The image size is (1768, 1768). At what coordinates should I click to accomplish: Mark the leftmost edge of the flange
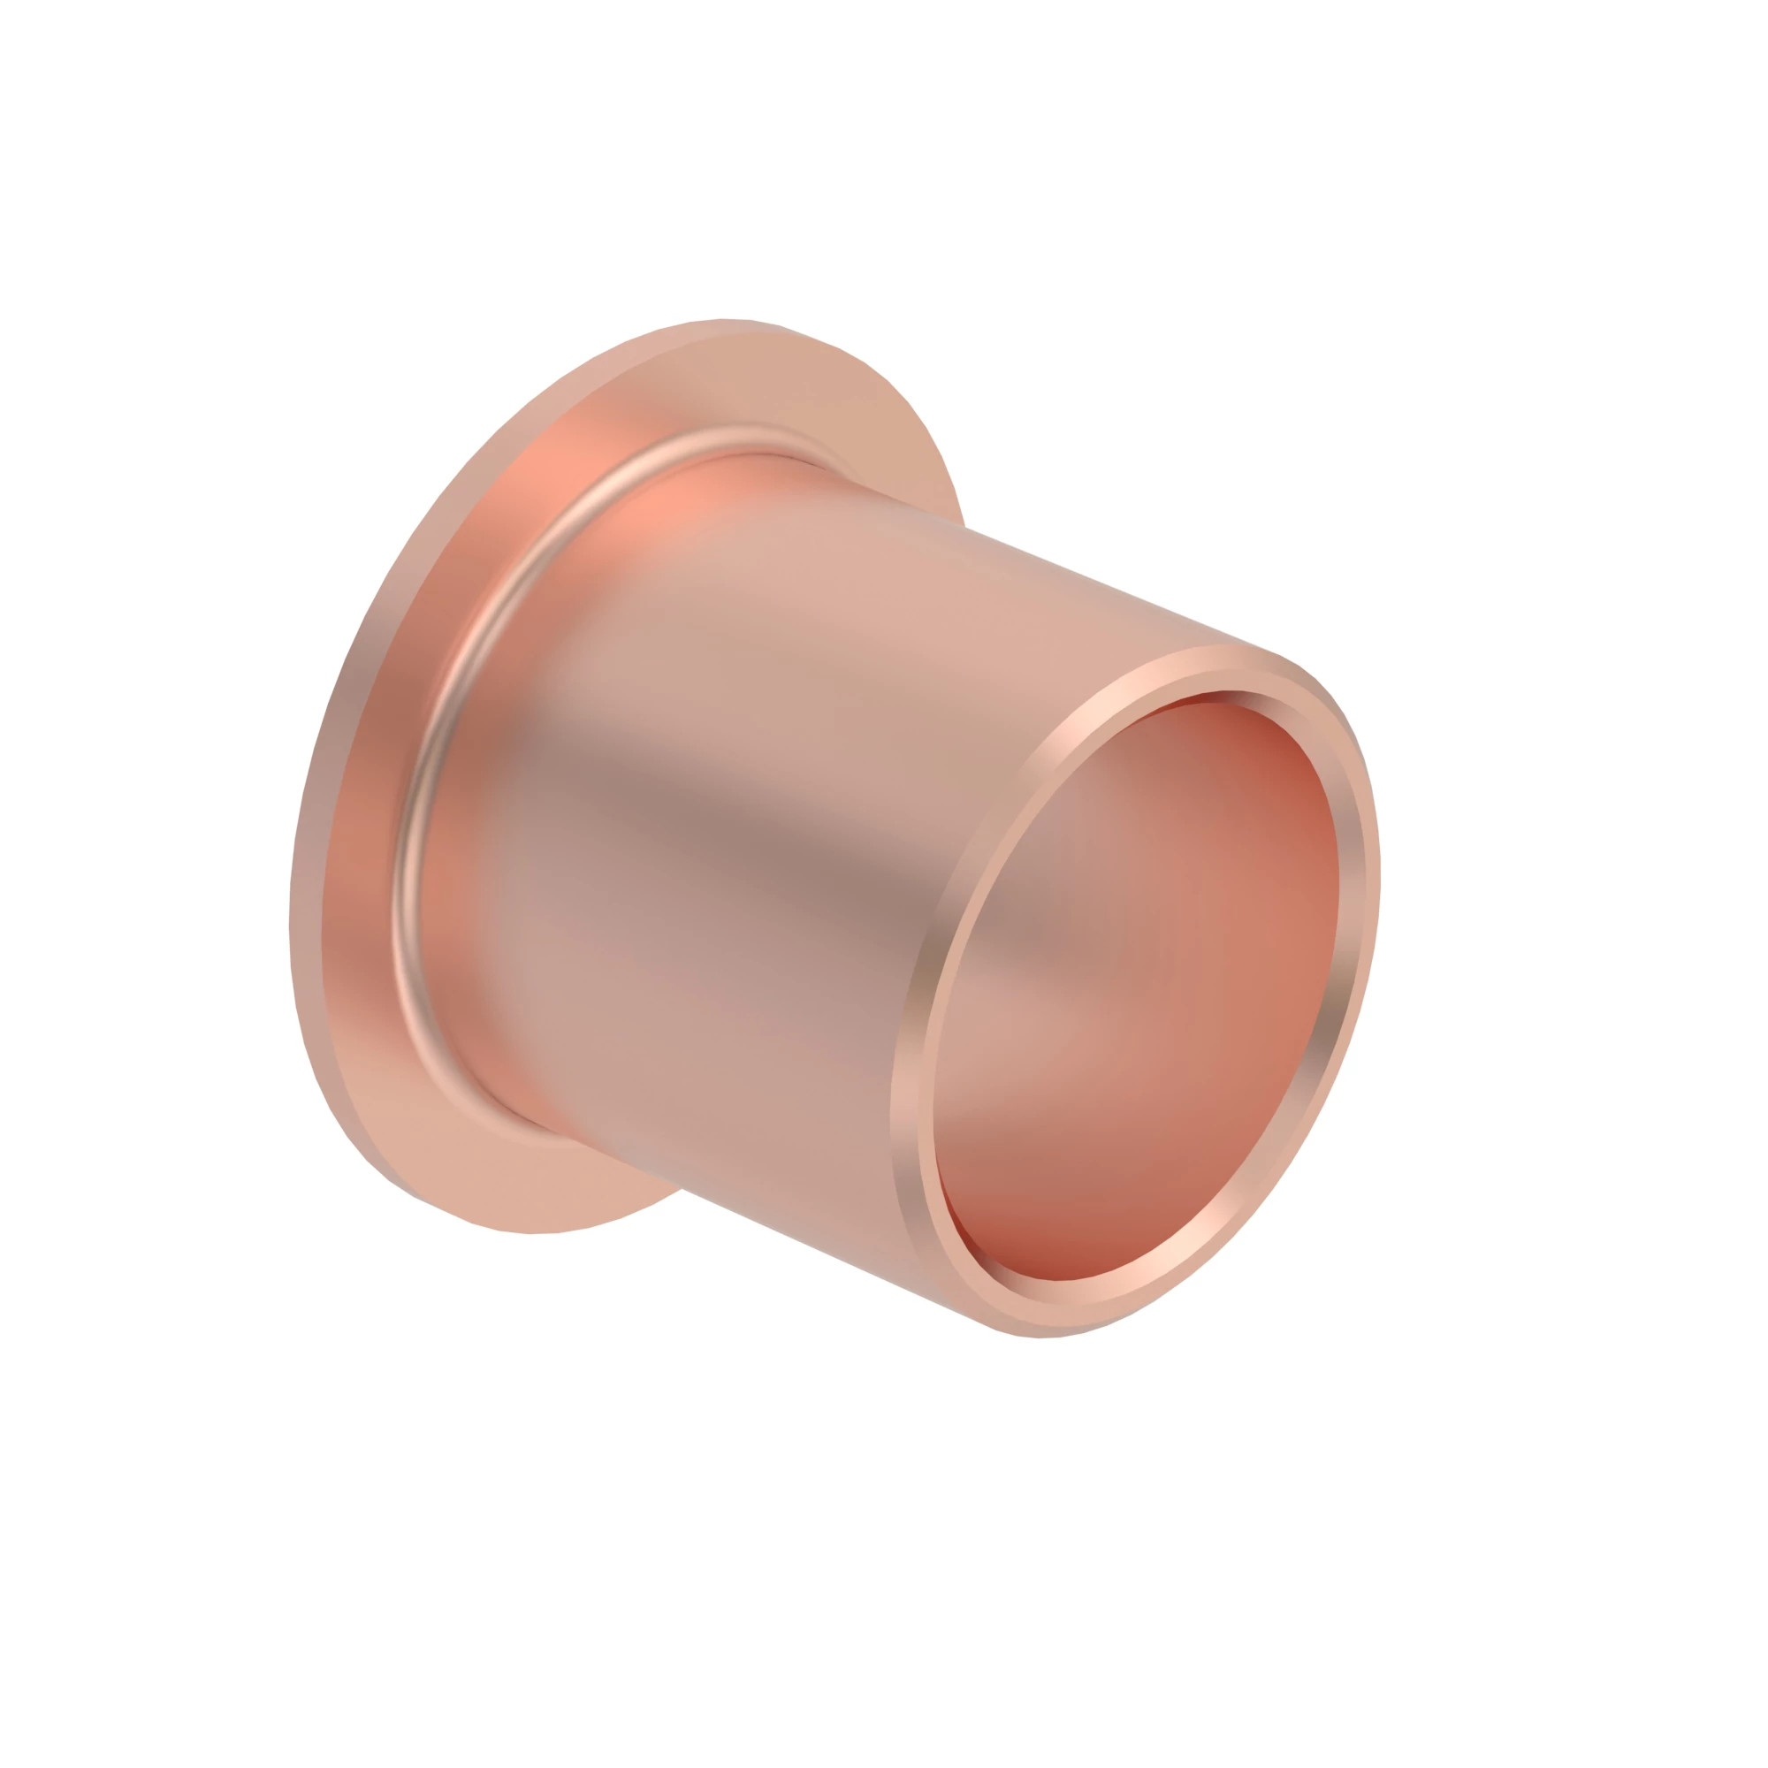pos(292,915)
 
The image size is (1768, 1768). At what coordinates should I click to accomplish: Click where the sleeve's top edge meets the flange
pos(961,525)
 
